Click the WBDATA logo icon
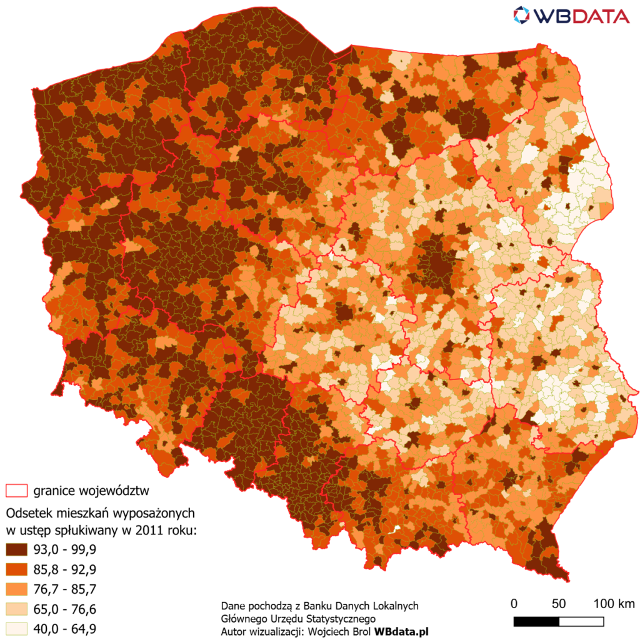[x=522, y=14]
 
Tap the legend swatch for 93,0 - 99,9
[x=17, y=550]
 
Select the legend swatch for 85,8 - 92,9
[x=17, y=569]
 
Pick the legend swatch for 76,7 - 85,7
[x=17, y=589]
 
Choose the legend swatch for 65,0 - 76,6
[x=17, y=609]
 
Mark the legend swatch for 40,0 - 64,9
[x=17, y=628]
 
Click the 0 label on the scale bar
[x=514, y=604]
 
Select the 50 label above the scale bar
[x=559, y=604]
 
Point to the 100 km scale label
[x=614, y=604]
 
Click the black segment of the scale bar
[x=536, y=621]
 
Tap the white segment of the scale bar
[x=581, y=621]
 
